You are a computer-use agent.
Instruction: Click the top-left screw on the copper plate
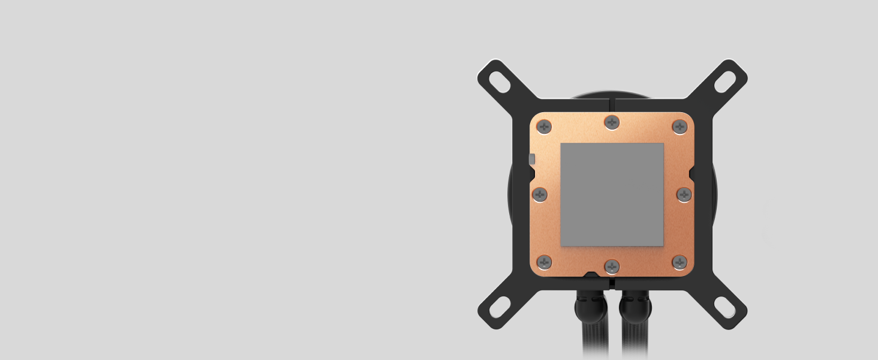tap(544, 127)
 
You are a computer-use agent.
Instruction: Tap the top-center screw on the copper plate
tap(611, 122)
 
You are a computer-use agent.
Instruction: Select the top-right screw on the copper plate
tap(679, 127)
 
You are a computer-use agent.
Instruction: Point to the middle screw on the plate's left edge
tap(540, 194)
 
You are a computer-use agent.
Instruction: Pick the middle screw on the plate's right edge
tap(684, 194)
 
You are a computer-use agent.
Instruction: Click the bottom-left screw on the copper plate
tap(544, 262)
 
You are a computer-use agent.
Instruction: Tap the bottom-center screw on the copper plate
tap(611, 266)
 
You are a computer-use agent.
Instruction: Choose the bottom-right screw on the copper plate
tap(679, 262)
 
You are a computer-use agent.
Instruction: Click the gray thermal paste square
tap(612, 194)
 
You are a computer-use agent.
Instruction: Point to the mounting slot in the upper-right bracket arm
tap(725, 81)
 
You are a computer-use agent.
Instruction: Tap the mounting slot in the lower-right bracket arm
tap(725, 308)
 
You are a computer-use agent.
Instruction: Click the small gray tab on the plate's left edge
tap(532, 159)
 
